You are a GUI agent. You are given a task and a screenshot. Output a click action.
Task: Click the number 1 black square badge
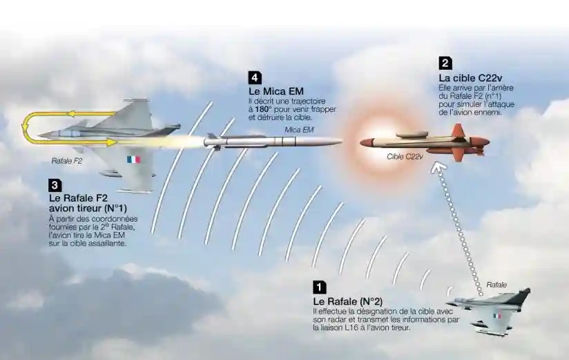pyautogui.click(x=319, y=287)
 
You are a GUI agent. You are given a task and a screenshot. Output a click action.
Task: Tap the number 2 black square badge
pyautogui.click(x=445, y=63)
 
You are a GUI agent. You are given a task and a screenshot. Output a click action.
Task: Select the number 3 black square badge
pyautogui.click(x=55, y=185)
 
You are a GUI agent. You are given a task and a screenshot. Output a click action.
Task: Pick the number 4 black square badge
pyautogui.click(x=255, y=78)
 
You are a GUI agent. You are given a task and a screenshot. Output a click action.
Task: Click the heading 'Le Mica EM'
pyautogui.click(x=276, y=91)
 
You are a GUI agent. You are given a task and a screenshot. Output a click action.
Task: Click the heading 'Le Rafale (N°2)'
pyautogui.click(x=347, y=301)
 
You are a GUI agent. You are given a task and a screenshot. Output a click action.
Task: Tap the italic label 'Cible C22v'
pyautogui.click(x=405, y=157)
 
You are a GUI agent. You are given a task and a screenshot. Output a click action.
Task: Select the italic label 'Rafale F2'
pyautogui.click(x=67, y=161)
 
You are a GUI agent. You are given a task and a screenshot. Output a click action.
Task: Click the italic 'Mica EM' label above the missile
pyautogui.click(x=299, y=130)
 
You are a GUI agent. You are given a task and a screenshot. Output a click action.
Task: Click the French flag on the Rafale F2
pyautogui.click(x=133, y=159)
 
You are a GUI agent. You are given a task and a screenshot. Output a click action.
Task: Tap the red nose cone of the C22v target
pyautogui.click(x=367, y=142)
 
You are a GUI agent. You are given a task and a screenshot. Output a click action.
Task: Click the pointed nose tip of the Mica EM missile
pyautogui.click(x=340, y=141)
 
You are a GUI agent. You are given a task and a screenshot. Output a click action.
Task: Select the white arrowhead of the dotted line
pyautogui.click(x=438, y=169)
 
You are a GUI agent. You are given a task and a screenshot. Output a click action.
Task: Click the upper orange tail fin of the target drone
pyautogui.click(x=459, y=130)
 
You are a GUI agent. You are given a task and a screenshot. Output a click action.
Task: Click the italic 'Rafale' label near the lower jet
pyautogui.click(x=496, y=285)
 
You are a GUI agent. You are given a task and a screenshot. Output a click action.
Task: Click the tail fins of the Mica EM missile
pyautogui.click(x=213, y=142)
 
